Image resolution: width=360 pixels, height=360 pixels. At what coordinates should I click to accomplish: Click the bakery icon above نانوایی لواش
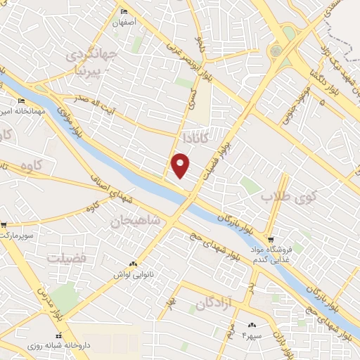[x=133, y=264]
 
